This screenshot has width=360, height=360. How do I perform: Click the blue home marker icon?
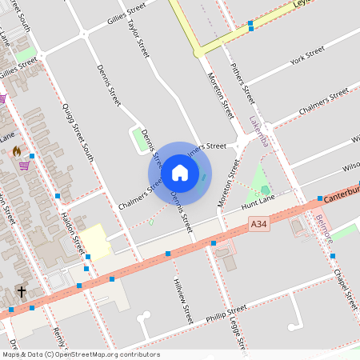pyautogui.click(x=180, y=172)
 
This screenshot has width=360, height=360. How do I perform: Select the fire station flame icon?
pyautogui.click(x=16, y=150)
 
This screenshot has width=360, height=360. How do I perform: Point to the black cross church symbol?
pyautogui.click(x=21, y=292)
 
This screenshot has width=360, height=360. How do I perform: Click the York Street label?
pyautogui.click(x=307, y=55)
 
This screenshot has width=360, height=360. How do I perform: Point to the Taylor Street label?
pyautogui.click(x=138, y=38)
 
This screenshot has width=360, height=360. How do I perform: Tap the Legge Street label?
pyautogui.click(x=235, y=309)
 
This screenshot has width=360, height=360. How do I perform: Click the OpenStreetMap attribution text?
pyautogui.click(x=80, y=354)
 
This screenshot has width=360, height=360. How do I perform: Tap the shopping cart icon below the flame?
pyautogui.click(x=25, y=166)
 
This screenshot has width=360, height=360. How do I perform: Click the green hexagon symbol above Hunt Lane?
pyautogui.click(x=266, y=190)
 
